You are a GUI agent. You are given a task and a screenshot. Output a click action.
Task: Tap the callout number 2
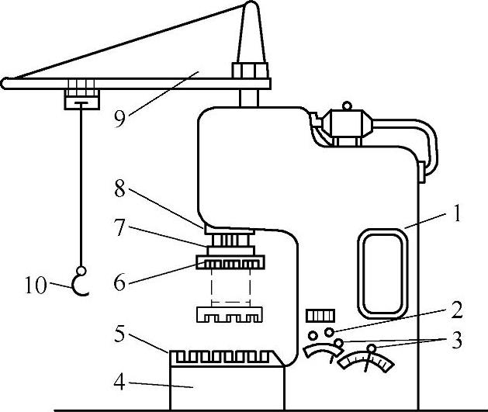[457, 311]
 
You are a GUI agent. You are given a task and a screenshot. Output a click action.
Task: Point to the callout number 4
[119, 382]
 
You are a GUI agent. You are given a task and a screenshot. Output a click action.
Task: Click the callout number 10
[36, 286]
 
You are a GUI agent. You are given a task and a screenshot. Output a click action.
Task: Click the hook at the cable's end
[80, 284]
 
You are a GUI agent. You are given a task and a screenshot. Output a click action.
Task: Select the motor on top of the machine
[347, 123]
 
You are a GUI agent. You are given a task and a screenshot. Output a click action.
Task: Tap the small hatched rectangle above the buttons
[319, 315]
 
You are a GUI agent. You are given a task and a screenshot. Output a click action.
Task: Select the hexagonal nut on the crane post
[251, 71]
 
